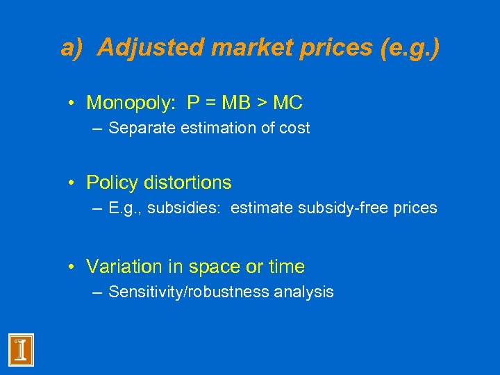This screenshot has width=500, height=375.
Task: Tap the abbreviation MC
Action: (287, 103)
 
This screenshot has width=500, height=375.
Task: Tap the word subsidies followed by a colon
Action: (192, 208)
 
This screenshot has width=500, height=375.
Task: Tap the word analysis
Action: (303, 292)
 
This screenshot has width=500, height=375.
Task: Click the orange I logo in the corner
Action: (21, 349)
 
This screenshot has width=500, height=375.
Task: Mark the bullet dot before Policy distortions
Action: (72, 183)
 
